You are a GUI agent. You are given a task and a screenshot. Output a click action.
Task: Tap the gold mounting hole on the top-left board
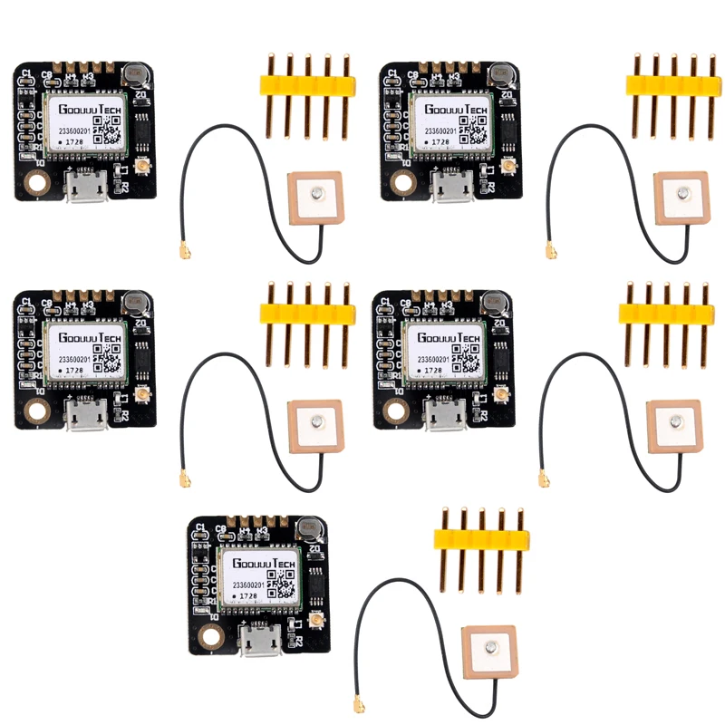point(37,183)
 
